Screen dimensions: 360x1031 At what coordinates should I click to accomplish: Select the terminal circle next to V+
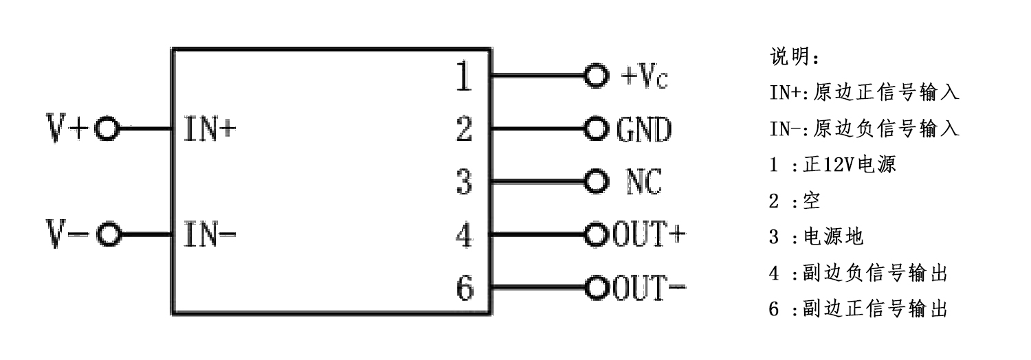(107, 128)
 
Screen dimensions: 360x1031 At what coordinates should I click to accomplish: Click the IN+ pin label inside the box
(209, 128)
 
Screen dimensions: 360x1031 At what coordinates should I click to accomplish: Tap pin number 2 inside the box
(465, 128)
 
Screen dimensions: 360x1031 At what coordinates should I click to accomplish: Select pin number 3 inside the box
(465, 182)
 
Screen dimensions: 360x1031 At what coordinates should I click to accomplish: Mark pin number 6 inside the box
(465, 288)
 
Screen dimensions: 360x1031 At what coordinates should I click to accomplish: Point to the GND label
(643, 129)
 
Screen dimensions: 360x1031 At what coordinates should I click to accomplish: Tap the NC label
(643, 182)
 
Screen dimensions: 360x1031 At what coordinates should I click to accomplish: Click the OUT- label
(649, 288)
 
